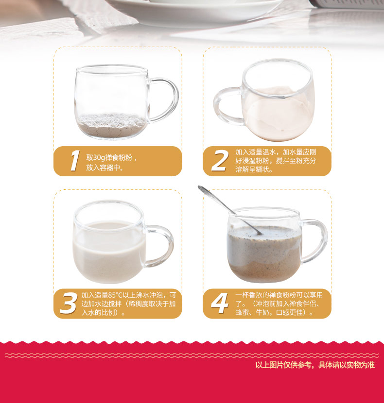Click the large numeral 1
tap(75, 161)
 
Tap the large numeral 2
tap(220, 161)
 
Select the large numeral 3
tap(69, 303)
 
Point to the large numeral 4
tap(220, 303)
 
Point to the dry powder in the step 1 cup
tap(111, 125)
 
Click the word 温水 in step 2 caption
tap(269, 152)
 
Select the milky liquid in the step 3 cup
tap(108, 252)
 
